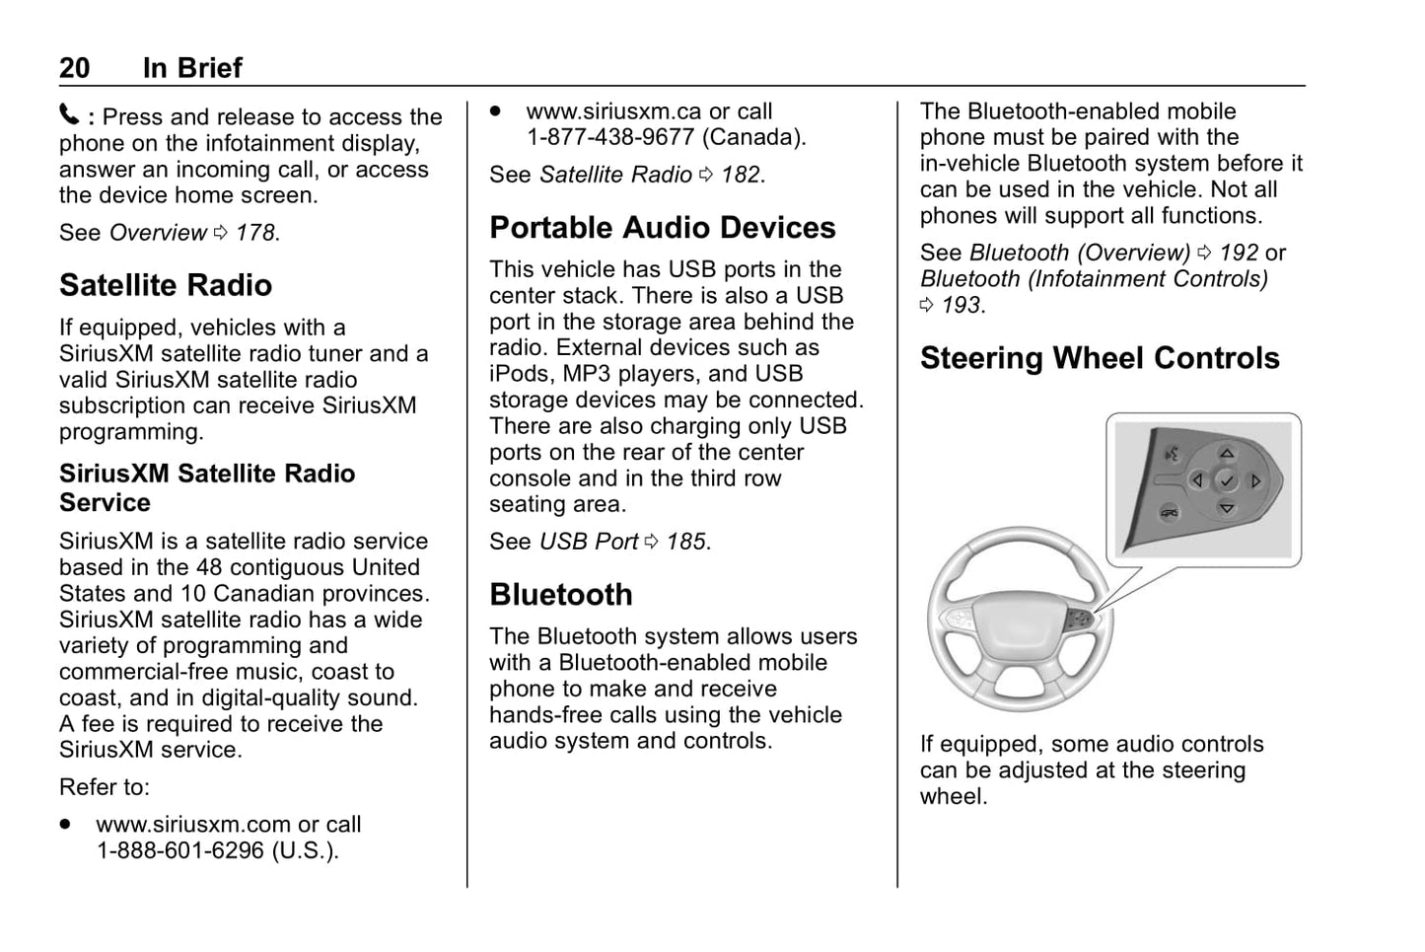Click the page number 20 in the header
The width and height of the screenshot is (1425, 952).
pos(74,68)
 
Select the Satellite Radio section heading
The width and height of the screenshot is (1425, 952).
pos(166,285)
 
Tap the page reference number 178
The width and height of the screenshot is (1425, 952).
pos(255,233)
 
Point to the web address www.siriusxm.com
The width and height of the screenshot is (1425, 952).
pos(193,824)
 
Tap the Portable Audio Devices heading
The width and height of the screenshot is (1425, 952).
pos(662,228)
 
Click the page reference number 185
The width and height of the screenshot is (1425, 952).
pos(686,542)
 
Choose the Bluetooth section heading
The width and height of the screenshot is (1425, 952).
pos(560,595)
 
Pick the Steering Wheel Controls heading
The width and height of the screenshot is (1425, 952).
pos(1100,358)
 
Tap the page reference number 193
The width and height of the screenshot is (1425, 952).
pos(962,305)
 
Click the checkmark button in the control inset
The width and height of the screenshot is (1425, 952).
pos(1226,481)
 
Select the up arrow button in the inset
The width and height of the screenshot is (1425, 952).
pos(1226,454)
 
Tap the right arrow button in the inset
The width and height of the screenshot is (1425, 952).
pos(1255,481)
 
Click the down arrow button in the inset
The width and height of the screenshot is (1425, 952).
pos(1226,509)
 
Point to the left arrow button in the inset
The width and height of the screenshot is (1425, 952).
pos(1197,481)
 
